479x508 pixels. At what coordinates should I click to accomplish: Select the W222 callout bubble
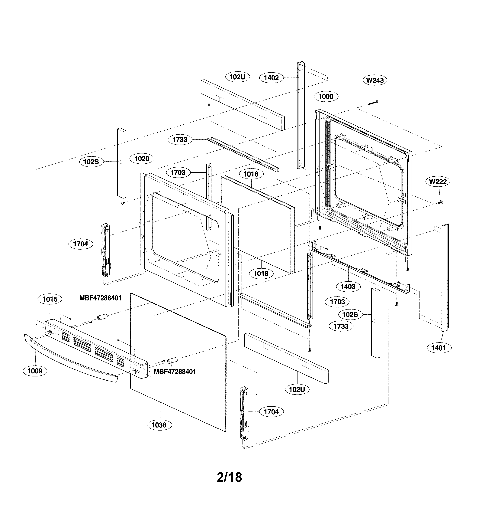[x=438, y=182]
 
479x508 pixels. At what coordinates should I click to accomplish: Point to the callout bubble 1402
[x=271, y=78]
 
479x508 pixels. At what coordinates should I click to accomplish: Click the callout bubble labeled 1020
[x=142, y=159]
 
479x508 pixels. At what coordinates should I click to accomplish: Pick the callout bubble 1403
[x=348, y=286]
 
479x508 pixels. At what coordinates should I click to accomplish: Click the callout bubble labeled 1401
[x=438, y=348]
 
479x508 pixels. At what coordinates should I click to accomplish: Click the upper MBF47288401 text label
[x=100, y=298]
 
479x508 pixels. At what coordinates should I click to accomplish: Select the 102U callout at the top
[x=237, y=77]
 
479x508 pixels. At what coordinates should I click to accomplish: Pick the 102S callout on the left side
[x=91, y=162]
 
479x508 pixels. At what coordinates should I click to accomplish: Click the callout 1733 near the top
[x=180, y=140]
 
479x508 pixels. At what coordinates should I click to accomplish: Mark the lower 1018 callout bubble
[x=261, y=274]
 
